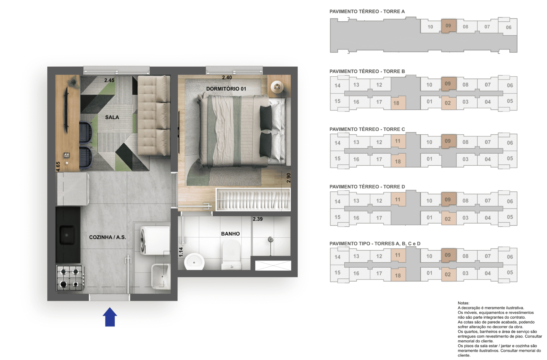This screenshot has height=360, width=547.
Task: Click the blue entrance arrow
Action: click(110, 317)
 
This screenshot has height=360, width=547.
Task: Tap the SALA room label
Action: click(112, 117)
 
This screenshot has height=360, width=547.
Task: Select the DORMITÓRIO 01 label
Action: click(226, 89)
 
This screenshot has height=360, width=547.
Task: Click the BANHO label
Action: click(230, 234)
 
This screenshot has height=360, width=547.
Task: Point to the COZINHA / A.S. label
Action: click(107, 237)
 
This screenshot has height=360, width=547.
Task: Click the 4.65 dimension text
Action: click(58, 166)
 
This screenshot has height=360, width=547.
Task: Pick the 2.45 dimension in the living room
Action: click(109, 80)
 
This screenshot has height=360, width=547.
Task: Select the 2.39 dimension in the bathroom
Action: click(257, 219)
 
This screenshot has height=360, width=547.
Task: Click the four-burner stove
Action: click(70, 278)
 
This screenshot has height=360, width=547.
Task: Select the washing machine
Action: click(155, 240)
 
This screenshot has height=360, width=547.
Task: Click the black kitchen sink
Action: click(67, 235)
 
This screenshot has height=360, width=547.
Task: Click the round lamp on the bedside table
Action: click(277, 87)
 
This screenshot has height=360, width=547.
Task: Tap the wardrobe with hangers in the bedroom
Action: click(253, 200)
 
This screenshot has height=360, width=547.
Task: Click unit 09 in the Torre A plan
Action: click(448, 26)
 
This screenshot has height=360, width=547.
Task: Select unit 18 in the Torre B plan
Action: click(396, 103)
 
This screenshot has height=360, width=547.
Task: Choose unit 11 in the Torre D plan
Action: click(398, 200)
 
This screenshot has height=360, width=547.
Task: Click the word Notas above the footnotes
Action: click(463, 303)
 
